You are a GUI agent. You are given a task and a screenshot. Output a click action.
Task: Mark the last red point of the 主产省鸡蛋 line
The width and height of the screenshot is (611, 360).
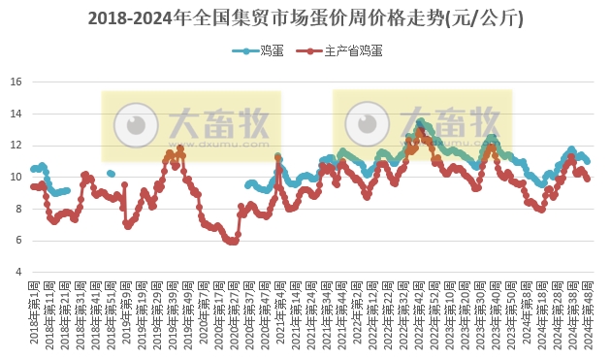588,179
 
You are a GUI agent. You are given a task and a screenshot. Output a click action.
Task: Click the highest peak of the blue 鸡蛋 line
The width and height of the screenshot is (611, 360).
420,121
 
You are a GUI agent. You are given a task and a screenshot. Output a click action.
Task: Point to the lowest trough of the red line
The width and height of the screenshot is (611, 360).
231,242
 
